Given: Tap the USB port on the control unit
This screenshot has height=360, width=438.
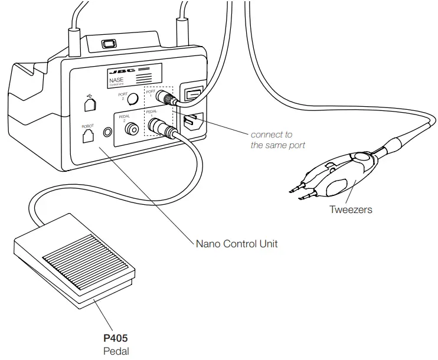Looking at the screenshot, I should [x=89, y=104].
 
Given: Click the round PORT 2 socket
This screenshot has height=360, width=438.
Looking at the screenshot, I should [x=134, y=99].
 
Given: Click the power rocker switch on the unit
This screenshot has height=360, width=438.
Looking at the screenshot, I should [x=191, y=94].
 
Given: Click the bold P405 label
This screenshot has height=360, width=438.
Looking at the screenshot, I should [x=116, y=339].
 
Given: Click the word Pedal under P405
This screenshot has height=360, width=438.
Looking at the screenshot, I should [x=116, y=351].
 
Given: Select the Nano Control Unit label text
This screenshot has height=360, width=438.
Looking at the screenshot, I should [x=236, y=243].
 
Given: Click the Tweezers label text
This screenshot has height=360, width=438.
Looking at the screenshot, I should [x=351, y=209].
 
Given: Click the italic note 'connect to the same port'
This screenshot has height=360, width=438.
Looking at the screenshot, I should [x=278, y=140].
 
